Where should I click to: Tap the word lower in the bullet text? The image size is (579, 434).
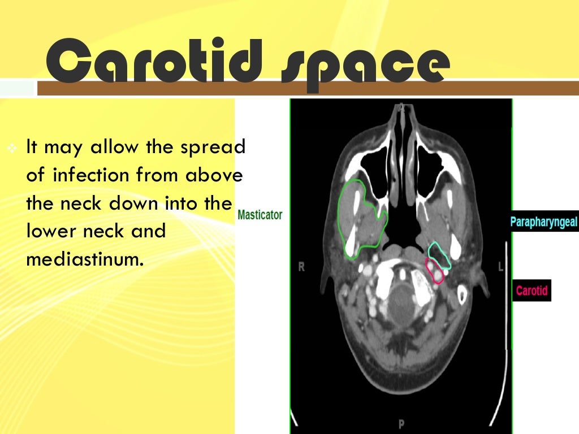click(52, 231)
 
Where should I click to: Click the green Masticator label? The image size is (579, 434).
click(260, 215)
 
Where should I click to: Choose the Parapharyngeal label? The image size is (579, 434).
click(544, 222)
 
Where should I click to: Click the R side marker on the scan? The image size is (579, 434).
click(301, 267)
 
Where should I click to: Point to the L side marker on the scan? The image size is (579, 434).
click(500, 267)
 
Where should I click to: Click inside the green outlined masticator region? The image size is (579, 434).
click(362, 218)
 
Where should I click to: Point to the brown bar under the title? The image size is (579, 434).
click(305, 88)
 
